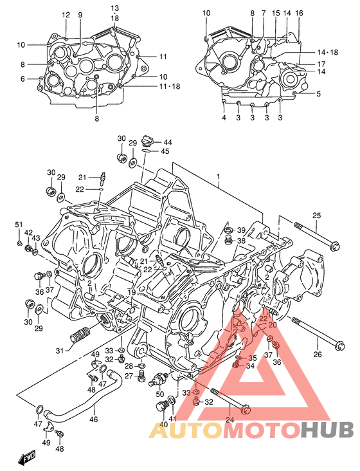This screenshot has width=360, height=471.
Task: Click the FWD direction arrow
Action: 27,457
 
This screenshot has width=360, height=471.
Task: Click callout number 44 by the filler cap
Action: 167,142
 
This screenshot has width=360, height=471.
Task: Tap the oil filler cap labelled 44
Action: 148,140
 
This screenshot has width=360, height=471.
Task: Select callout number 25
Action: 316,216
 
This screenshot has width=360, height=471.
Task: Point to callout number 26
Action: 318,355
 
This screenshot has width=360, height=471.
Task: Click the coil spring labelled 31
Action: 80,334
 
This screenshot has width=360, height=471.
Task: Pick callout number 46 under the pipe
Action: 94,419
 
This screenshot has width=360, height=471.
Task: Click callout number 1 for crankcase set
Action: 219,176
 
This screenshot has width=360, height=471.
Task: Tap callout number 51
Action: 19,225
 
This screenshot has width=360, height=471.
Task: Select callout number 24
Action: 230,420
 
